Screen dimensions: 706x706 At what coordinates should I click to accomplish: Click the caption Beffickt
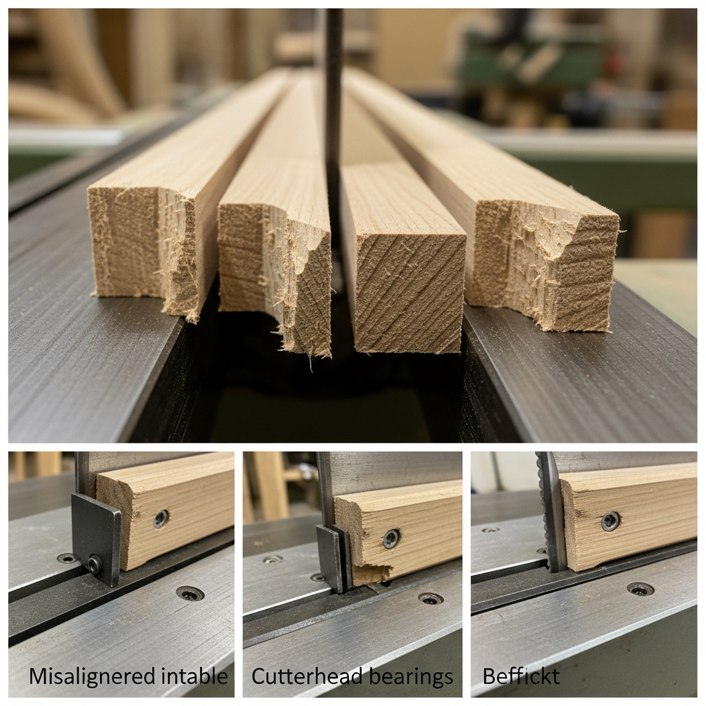[521, 676]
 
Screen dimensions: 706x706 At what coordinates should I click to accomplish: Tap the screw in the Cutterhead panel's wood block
[391, 538]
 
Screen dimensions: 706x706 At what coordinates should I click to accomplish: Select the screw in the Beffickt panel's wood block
[610, 521]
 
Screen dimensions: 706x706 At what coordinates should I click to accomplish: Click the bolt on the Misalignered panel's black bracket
[94, 565]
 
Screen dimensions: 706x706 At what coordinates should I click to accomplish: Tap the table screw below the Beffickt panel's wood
[641, 589]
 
